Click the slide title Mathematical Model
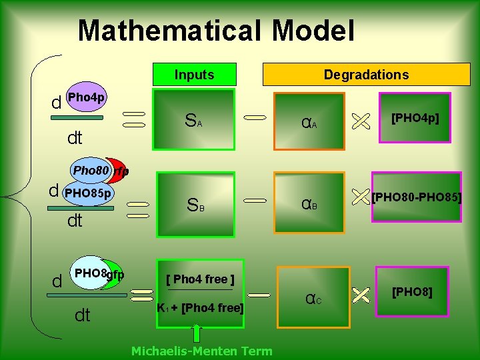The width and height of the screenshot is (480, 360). point(216,31)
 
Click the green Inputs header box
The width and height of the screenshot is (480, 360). point(194,75)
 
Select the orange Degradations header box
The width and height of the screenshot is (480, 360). point(366,75)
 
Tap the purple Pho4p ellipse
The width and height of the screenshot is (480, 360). point(87,98)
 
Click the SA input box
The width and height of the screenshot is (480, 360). point(195,120)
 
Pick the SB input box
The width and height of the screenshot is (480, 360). point(195,205)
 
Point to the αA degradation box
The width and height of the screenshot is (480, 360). point(311,121)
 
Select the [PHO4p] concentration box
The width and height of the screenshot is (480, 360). point(415,120)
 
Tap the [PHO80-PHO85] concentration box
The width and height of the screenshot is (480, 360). point(417,197)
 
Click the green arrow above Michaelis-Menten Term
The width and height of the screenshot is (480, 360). point(197,333)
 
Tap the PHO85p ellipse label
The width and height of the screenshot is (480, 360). point(87,194)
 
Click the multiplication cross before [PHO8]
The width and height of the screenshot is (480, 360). point(360,294)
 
